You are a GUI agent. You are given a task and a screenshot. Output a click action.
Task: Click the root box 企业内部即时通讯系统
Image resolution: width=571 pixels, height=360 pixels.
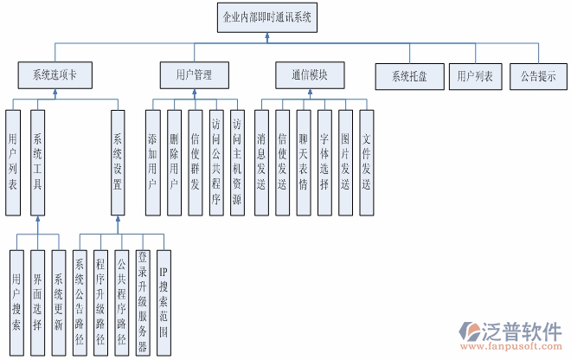pos(266,16)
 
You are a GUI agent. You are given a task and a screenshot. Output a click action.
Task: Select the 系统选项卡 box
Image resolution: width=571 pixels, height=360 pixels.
pos(55,75)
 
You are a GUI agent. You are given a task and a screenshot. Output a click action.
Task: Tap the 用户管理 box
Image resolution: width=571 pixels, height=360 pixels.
pos(194,75)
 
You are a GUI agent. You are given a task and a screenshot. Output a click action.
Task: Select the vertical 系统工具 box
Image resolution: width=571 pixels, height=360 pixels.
pos(37,162)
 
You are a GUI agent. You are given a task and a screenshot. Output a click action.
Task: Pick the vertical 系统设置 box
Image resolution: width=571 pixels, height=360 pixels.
pos(119,162)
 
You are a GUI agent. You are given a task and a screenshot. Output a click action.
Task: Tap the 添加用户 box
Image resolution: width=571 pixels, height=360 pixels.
pos(153,162)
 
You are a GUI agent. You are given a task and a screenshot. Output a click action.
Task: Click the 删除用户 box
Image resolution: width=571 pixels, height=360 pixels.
pos(174,162)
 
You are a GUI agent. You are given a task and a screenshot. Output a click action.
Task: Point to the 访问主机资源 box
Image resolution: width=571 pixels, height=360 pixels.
pos(236,162)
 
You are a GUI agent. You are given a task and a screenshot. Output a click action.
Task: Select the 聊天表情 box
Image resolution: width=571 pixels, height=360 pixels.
pos(304,162)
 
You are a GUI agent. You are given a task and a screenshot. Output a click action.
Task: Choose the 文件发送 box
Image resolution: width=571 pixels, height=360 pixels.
pos(366,162)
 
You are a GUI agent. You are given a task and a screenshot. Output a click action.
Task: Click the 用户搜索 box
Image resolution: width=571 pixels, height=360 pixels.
pos(17,302)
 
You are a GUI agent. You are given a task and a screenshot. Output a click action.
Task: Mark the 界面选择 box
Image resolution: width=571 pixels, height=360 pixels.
pos(37,302)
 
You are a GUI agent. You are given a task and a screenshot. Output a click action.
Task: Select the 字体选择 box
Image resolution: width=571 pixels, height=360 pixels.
pos(324,162)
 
